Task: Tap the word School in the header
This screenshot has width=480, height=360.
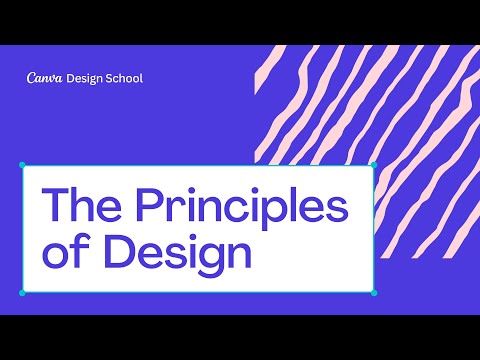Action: [122, 78]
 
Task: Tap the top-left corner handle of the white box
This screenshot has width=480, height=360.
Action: [23, 165]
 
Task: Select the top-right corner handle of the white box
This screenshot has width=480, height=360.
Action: [373, 165]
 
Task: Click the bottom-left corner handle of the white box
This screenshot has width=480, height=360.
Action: [23, 293]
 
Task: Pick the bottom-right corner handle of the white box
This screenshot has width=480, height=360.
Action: [373, 293]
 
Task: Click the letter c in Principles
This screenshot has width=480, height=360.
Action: [244, 210]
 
